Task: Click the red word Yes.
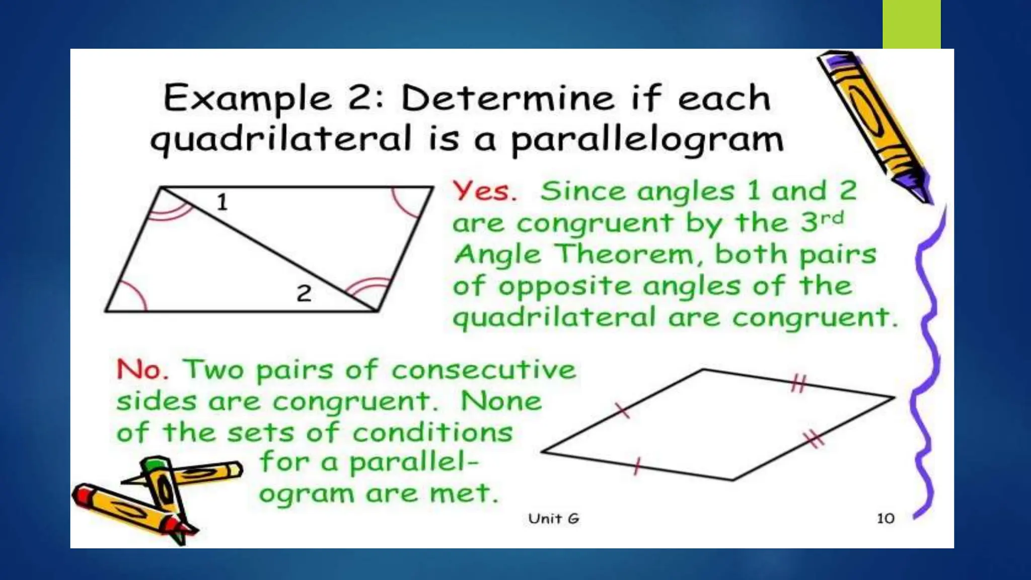(x=484, y=192)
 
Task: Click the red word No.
(x=141, y=370)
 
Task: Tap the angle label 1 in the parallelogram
(x=222, y=202)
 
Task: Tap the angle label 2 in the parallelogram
(x=304, y=294)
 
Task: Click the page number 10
(x=886, y=519)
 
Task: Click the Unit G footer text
(x=554, y=519)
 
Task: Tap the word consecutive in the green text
(x=483, y=370)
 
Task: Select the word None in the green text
(x=501, y=402)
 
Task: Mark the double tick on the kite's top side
(x=798, y=384)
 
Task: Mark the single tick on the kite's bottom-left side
(x=637, y=466)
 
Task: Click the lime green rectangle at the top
(x=911, y=24)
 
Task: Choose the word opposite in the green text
(x=564, y=286)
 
